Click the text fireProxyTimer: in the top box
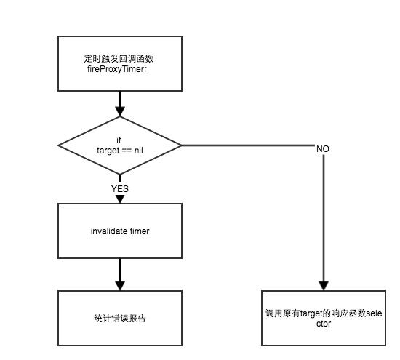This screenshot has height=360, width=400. click(117, 69)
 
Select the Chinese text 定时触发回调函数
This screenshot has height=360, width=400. click(119, 59)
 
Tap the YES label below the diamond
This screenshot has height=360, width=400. click(120, 189)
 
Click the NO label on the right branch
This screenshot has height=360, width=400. click(323, 149)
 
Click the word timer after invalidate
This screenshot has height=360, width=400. click(140, 231)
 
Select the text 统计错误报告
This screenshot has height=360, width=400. click(120, 319)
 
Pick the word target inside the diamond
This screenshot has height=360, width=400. click(108, 151)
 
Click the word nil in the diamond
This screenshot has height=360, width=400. click(138, 151)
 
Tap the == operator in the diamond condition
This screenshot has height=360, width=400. click(127, 151)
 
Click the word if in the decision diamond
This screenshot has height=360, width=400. click(119, 140)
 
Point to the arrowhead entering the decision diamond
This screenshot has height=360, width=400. click(120, 111)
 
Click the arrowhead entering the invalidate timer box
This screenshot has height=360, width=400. click(120, 199)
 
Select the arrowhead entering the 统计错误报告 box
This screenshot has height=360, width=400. click(120, 286)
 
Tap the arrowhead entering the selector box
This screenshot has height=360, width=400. click(324, 286)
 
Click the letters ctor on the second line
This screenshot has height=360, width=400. click(324, 324)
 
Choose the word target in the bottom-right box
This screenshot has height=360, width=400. click(311, 313)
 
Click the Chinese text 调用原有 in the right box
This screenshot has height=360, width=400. click(283, 313)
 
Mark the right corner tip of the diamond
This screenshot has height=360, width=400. click(182, 145)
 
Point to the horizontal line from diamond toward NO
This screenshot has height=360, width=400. click(249, 145)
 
